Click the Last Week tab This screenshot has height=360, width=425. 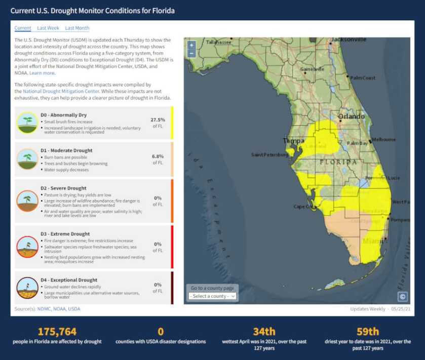[x=48, y=28]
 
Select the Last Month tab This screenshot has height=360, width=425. [x=77, y=28]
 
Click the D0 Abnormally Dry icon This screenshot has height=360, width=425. [x=27, y=123]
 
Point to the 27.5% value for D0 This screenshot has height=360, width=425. [x=158, y=120]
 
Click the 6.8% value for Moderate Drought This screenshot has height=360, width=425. [x=158, y=156]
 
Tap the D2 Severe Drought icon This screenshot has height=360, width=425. [x=27, y=201]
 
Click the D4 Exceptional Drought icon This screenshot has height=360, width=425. [x=27, y=287]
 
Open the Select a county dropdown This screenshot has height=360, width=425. [x=212, y=296]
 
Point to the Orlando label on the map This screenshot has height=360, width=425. [x=351, y=116]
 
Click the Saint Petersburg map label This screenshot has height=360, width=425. [x=270, y=155]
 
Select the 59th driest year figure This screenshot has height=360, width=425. [x=367, y=332]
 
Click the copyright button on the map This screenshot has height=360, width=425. [x=402, y=297]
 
